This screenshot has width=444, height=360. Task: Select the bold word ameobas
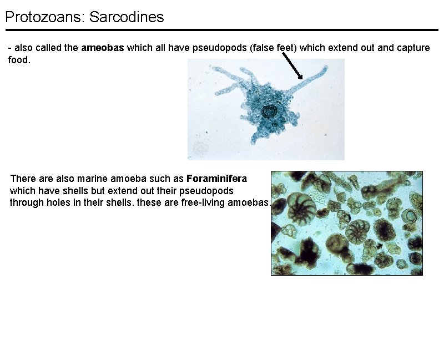[103, 48]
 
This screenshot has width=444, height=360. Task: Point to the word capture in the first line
[413, 48]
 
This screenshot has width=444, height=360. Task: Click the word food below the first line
[18, 59]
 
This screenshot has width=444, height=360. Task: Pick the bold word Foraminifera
[217, 179]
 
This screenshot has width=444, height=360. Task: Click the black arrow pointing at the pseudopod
[292, 67]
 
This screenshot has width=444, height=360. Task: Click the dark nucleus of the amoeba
[269, 111]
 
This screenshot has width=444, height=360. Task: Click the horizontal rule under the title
[222, 30]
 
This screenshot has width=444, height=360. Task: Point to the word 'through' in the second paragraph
[26, 202]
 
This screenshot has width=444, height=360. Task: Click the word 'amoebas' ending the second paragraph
[250, 202]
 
